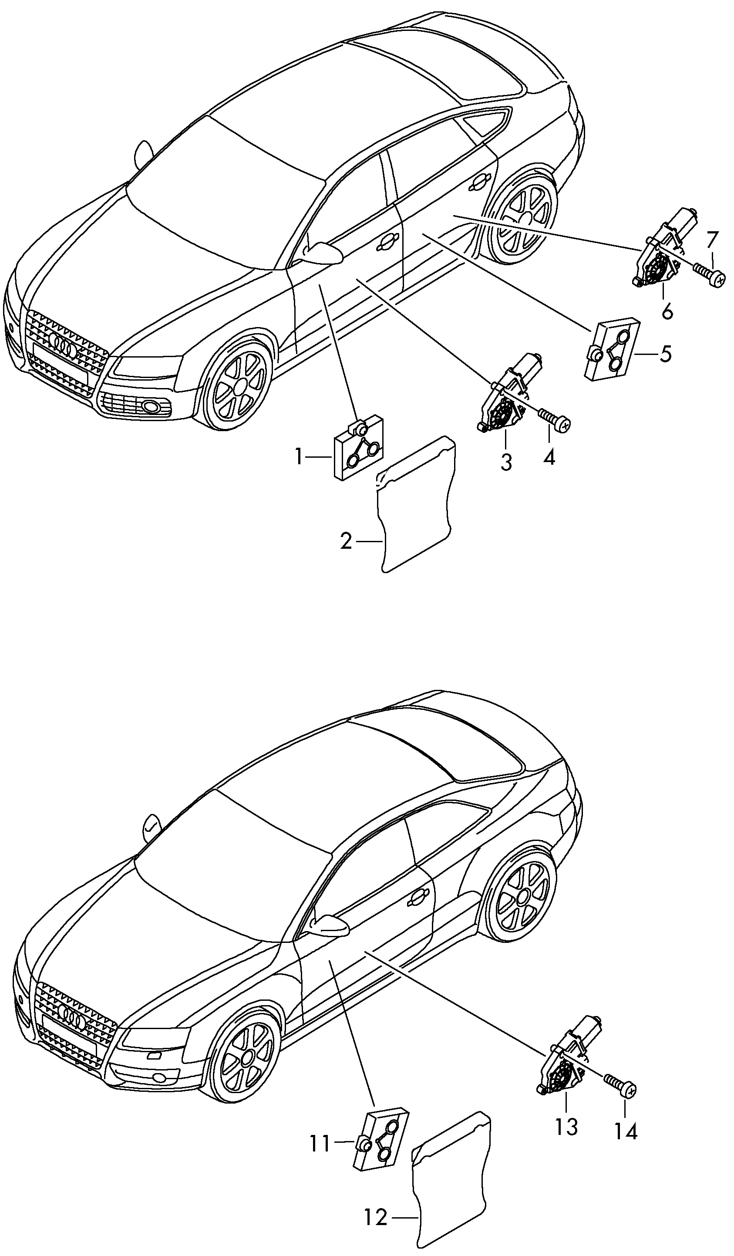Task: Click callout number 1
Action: [x=299, y=456]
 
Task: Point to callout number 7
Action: [x=713, y=240]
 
